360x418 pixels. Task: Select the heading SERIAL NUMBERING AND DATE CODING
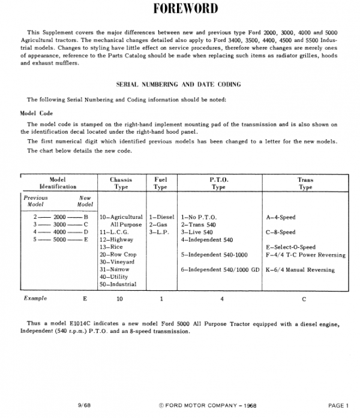click(180, 85)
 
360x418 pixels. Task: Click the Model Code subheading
click(37, 112)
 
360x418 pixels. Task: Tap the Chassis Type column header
click(121, 183)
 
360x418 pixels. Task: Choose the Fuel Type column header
click(161, 183)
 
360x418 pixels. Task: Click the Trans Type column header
click(305, 183)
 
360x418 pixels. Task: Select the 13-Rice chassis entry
click(111, 247)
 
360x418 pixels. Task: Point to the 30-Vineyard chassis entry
click(116, 262)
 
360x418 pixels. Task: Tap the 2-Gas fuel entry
click(158, 224)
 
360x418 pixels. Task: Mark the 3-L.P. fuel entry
click(158, 232)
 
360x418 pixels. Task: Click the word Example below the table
click(35, 297)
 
